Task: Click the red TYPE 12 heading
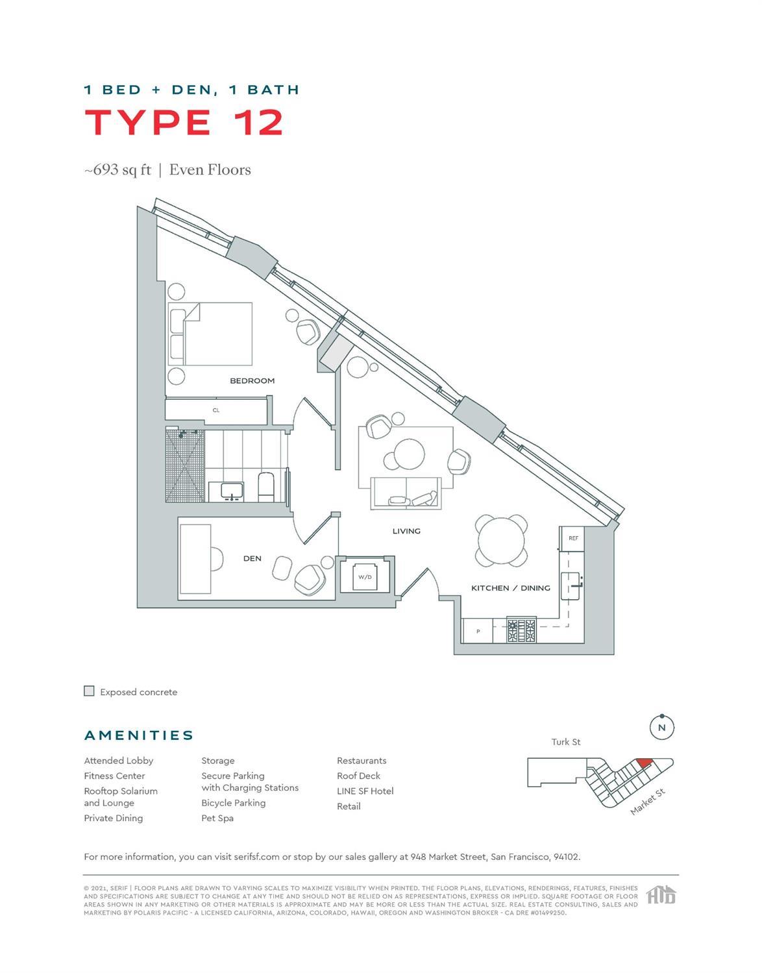coord(184,122)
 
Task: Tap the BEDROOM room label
coord(252,381)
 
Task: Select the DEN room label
coord(252,558)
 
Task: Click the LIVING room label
coord(406,531)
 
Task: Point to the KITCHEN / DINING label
coord(510,588)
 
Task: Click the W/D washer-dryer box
coord(365,576)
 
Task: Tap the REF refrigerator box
coord(573,538)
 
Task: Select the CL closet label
coord(216,410)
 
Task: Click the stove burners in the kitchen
coord(522,630)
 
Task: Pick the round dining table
coord(501,541)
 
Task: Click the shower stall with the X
coord(185,465)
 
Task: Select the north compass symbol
coord(661,728)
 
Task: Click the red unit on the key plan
coord(643,763)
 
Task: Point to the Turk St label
coord(565,742)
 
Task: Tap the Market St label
coord(648,802)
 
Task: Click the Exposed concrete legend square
coord(90,691)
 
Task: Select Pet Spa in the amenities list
coord(217,818)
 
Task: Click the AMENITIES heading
coord(139,735)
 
